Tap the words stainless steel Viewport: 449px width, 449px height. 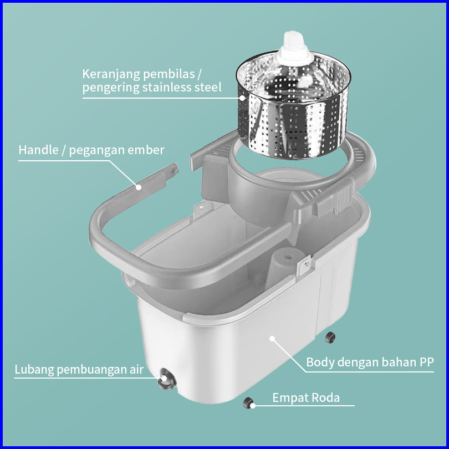pyautogui.click(x=182, y=87)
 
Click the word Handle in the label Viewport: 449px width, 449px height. pyautogui.click(x=38, y=150)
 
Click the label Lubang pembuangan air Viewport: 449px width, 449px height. pyautogui.click(x=79, y=369)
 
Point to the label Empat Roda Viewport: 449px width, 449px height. pyautogui.click(x=306, y=397)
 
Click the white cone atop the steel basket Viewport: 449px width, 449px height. pyautogui.click(x=294, y=48)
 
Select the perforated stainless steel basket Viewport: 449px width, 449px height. pyautogui.click(x=293, y=105)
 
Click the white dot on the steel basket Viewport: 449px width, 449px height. pyautogui.click(x=243, y=98)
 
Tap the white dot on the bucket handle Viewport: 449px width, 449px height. pyautogui.click(x=139, y=187)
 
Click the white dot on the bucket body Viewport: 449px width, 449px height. pyautogui.click(x=272, y=339)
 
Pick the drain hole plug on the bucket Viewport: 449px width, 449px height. pyautogui.click(x=167, y=379)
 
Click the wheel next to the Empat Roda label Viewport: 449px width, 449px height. pyautogui.click(x=248, y=403)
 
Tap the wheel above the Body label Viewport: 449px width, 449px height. pyautogui.click(x=330, y=338)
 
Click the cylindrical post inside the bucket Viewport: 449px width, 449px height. pyautogui.click(x=282, y=268)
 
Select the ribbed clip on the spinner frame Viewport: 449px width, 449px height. pyautogui.click(x=341, y=200)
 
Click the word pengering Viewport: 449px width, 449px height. pyautogui.click(x=110, y=88)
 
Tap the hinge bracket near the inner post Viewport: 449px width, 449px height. pyautogui.click(x=305, y=264)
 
